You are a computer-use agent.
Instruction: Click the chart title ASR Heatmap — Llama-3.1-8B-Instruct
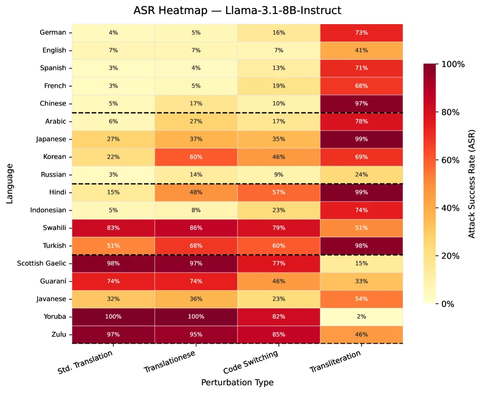point(237,11)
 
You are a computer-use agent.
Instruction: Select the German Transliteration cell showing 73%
point(362,32)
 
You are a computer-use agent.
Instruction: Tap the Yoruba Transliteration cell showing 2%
point(362,317)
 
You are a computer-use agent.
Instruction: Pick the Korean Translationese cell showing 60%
point(196,157)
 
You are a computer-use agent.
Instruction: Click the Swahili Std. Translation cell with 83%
point(114,228)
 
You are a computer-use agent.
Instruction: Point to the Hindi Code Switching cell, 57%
point(279,192)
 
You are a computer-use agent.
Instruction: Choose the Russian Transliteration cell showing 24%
point(362,175)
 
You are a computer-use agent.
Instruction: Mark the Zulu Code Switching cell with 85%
point(279,335)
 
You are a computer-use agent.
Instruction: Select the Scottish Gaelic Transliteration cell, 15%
point(362,263)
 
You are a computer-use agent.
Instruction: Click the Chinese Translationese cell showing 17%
point(196,103)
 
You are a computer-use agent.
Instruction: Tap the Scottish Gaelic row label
point(42,263)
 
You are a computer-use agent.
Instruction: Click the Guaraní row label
point(53,281)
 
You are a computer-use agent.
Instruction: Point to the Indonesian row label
point(48,210)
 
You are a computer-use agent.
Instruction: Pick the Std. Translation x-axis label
point(85,362)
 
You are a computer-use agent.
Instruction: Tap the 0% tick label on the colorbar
point(448,304)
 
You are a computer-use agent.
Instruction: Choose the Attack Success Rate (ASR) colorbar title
point(471,184)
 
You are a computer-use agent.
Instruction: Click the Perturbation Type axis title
point(237,382)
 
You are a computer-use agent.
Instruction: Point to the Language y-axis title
point(10,184)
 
